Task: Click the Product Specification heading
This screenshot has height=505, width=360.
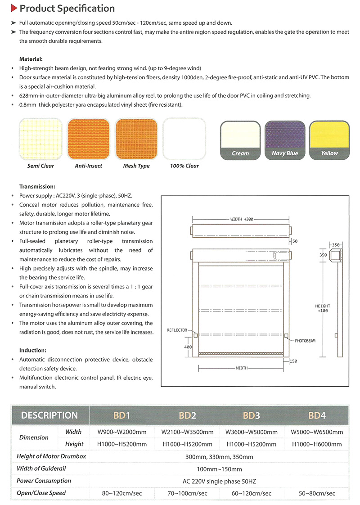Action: pyautogui.click(x=67, y=9)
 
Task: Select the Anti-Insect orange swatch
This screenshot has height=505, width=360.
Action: pyautogui.click(x=88, y=138)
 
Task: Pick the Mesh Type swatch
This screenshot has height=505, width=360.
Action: pyautogui.click(x=136, y=138)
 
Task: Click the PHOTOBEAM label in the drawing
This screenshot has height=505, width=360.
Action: pyautogui.click(x=305, y=341)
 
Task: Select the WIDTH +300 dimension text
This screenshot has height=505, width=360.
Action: pyautogui.click(x=242, y=219)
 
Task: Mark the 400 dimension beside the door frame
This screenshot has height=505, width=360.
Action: pyautogui.click(x=188, y=347)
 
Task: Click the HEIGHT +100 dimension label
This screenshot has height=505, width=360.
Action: pyautogui.click(x=323, y=309)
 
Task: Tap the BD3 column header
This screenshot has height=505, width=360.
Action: pyautogui.click(x=252, y=415)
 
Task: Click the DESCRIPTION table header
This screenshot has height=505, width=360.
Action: pyautogui.click(x=49, y=415)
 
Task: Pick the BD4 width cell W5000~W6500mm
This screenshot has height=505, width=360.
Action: pyautogui.click(x=317, y=432)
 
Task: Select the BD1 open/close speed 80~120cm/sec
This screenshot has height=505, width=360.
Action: pyautogui.click(x=122, y=493)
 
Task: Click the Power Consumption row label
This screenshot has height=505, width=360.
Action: pyautogui.click(x=44, y=481)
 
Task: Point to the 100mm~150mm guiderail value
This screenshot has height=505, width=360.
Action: pyautogui.click(x=219, y=469)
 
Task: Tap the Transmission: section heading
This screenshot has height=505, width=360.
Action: pyautogui.click(x=37, y=186)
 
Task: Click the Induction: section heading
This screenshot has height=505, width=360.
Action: pyautogui.click(x=33, y=350)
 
